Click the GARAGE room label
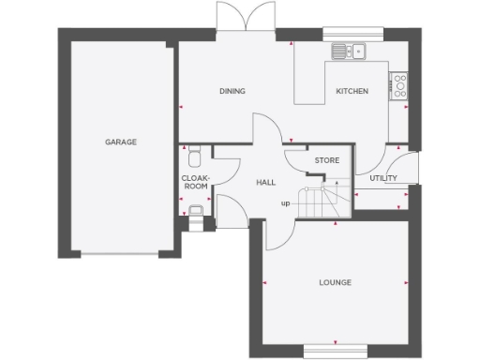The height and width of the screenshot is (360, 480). [120, 142]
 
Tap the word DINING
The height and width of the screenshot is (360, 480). [232, 91]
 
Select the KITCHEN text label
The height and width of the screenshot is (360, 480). [352, 91]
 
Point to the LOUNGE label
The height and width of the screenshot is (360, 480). [335, 281]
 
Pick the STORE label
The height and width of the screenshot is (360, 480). [326, 161]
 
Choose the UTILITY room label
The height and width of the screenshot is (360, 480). [382, 177]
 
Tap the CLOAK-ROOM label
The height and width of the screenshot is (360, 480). [195, 181]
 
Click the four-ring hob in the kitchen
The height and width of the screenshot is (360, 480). [398, 84]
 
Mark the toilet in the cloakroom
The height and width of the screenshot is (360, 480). [194, 152]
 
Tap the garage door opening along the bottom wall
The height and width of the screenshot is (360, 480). [120, 253]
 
